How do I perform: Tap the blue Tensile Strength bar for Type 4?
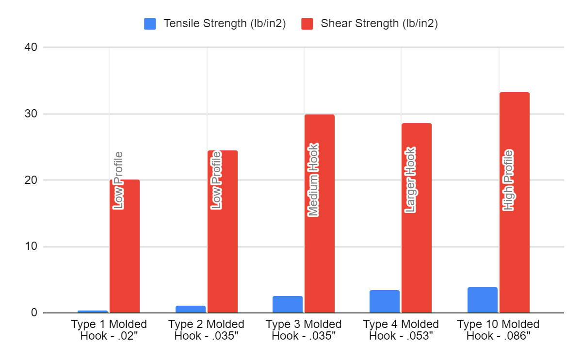(x=385, y=301)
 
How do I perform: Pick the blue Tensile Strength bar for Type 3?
(x=287, y=304)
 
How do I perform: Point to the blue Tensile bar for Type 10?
(x=482, y=300)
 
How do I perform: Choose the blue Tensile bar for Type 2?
(x=190, y=309)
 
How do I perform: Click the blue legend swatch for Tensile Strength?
(x=150, y=24)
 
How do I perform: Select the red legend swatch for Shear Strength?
(x=307, y=24)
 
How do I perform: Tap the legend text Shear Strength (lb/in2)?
(x=379, y=24)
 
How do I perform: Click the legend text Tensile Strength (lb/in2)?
(x=225, y=24)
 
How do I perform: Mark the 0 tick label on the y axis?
(x=34, y=313)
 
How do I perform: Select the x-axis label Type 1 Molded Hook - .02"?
(x=109, y=330)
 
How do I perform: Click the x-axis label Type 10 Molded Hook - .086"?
(x=498, y=330)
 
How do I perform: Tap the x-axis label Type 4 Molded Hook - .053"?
(x=401, y=330)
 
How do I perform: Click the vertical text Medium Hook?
(x=313, y=180)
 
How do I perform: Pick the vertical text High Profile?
(x=508, y=180)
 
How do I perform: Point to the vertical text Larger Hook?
(x=411, y=180)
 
